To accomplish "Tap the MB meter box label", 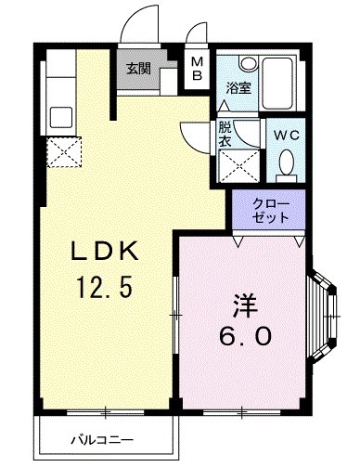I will point(197,69).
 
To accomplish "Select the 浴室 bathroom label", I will point(238,89).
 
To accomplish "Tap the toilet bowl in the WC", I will point(286,164).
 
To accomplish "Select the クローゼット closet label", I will point(271,210).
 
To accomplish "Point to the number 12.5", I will point(106,288).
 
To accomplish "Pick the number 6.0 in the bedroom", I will point(245,336).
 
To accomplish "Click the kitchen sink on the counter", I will point(61,118).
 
